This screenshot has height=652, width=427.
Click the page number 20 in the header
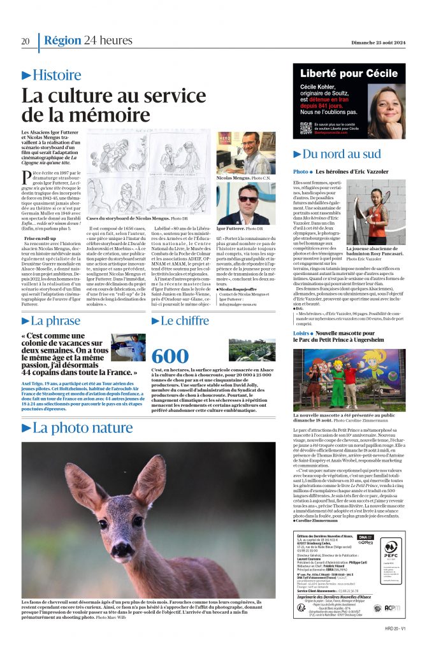pyautogui.click(x=25, y=41)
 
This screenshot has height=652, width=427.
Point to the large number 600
pyautogui.click(x=170, y=355)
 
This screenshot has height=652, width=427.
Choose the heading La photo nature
pyautogui.click(x=82, y=428)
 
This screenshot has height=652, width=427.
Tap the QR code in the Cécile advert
pyautogui.click(x=306, y=128)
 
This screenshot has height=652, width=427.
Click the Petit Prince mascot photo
pyautogui.click(x=349, y=371)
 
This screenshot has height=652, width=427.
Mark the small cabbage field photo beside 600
pyautogui.click(x=243, y=350)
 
